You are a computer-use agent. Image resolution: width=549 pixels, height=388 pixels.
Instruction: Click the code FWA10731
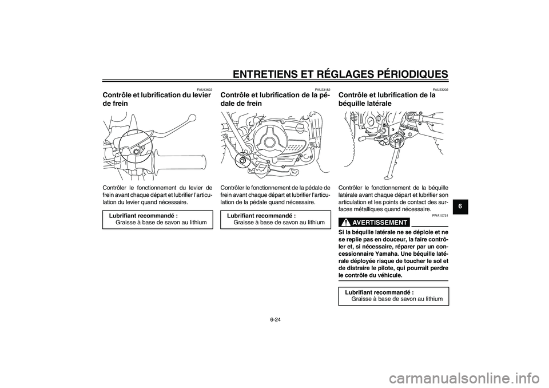tap(440, 216)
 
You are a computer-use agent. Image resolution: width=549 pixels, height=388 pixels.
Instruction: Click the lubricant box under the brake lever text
tap(157, 219)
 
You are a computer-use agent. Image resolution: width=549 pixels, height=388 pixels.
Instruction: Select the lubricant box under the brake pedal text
tap(275, 219)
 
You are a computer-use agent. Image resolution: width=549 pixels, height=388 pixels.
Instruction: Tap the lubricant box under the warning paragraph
tap(393, 296)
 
